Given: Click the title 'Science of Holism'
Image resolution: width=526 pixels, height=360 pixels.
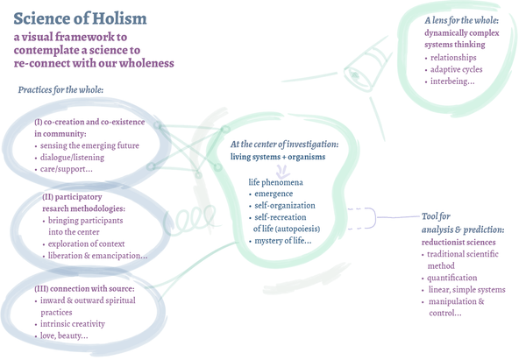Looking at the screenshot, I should click(x=80, y=18).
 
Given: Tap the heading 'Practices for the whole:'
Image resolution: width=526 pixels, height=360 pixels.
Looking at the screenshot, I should click(x=61, y=90).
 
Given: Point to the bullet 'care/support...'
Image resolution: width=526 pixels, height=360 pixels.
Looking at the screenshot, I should click(x=67, y=169).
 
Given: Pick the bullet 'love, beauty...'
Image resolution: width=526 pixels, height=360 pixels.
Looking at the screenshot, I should click(x=64, y=336).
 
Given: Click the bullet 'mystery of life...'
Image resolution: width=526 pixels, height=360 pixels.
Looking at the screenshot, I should click(x=285, y=240).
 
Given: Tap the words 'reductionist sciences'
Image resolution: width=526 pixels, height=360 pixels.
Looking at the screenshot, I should click(x=457, y=242).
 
